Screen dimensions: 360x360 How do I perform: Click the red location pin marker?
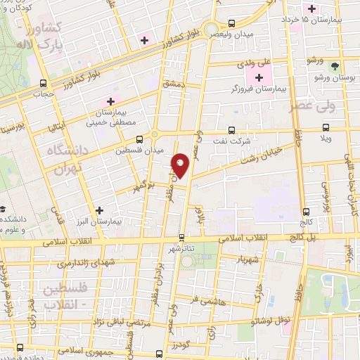click(x=181, y=165)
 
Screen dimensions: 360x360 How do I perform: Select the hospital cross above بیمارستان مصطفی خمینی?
click(x=110, y=101)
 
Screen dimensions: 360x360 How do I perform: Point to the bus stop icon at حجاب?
click(x=44, y=82)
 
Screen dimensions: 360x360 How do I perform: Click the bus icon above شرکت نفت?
click(x=233, y=130)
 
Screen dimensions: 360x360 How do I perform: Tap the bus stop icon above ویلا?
click(x=325, y=128)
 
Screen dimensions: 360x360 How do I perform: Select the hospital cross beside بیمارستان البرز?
click(x=99, y=210)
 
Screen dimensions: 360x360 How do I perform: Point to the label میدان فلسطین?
click(x=141, y=150)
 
